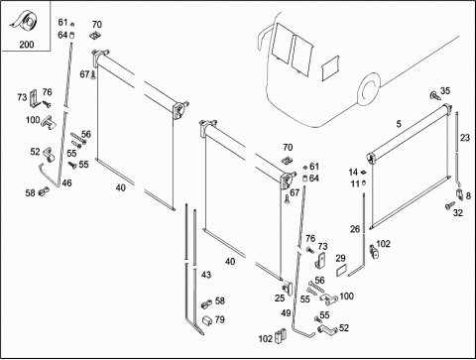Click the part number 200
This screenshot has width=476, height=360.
pos(27,45)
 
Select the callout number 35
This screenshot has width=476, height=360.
pos(445,90)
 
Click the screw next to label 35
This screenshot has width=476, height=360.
pos(434,95)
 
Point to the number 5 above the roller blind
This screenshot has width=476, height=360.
pos(399,124)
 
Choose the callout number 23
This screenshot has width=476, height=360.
pos(465,138)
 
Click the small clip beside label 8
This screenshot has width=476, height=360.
pos(460,194)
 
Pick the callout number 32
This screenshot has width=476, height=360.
pos(458,213)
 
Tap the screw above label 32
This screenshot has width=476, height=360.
pos(450,205)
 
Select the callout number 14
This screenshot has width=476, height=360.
pos(353,173)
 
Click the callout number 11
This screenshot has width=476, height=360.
pos(355,183)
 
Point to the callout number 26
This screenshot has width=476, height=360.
pos(355,229)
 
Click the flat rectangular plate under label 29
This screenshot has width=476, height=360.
pos(340,271)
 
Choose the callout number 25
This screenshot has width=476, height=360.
pos(280,299)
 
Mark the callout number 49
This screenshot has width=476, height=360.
pos(286,313)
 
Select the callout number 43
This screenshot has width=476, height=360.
pos(206,275)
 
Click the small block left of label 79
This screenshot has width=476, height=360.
pos(207,320)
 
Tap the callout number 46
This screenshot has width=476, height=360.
pos(66,182)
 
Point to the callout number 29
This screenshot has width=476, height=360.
pos(340,258)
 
